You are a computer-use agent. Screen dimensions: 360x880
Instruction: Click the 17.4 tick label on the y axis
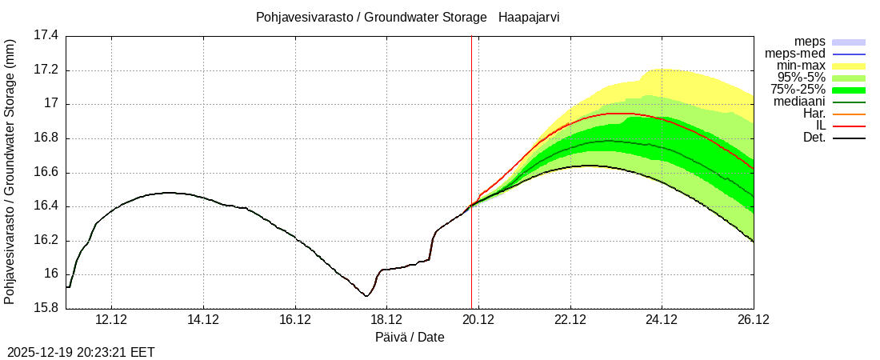pyautogui.click(x=45, y=36)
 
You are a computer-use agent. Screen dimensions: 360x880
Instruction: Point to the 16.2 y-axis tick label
pyautogui.click(x=45, y=241)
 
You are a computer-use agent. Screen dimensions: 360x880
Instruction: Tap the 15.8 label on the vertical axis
pyautogui.click(x=45, y=309)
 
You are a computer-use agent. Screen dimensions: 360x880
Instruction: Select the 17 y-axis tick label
pyautogui.click(x=51, y=104)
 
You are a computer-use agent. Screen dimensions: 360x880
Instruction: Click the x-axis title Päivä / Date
pyautogui.click(x=410, y=338)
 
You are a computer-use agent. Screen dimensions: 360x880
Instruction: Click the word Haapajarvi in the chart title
pyautogui.click(x=528, y=17)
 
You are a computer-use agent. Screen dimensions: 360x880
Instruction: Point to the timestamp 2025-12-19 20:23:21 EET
pyautogui.click(x=81, y=352)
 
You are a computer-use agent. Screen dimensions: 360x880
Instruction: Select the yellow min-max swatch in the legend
pyautogui.click(x=849, y=66)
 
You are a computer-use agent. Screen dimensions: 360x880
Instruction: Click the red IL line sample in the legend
pyautogui.click(x=849, y=126)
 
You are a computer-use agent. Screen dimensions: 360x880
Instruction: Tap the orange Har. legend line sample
pyautogui.click(x=849, y=114)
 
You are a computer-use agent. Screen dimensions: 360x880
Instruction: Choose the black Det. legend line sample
pyautogui.click(x=849, y=138)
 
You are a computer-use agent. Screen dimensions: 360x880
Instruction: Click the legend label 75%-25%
pyautogui.click(x=798, y=90)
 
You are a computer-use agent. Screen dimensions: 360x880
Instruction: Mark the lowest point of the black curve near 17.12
pyautogui.click(x=366, y=296)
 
